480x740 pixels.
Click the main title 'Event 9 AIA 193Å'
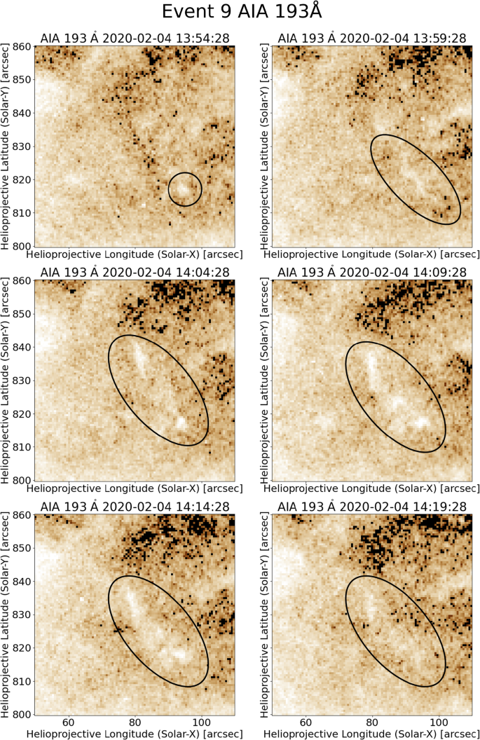tap(240, 12)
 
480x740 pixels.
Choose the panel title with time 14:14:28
tap(134, 506)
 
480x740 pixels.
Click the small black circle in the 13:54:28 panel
tap(185, 173)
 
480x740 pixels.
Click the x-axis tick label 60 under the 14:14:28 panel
tap(69, 722)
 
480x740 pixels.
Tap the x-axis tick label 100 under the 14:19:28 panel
tap(439, 722)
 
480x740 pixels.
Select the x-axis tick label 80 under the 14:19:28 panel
tap(372, 722)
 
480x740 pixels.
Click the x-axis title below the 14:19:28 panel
tap(371, 734)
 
